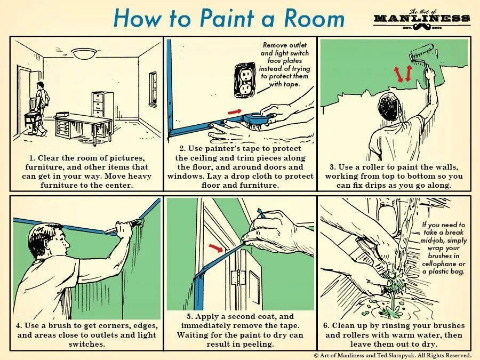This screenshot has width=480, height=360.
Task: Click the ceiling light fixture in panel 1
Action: tap(84, 53)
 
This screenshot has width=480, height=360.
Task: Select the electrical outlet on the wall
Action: tap(245, 80)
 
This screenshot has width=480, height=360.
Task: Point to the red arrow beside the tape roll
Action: tap(235, 111)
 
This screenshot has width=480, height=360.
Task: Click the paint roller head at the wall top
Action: tap(421, 52)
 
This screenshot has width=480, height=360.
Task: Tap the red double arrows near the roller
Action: tap(403, 74)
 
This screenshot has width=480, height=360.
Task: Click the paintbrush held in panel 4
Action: tap(124, 226)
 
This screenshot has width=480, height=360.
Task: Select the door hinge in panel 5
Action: tap(235, 277)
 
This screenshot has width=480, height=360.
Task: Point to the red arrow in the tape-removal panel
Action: tap(215, 247)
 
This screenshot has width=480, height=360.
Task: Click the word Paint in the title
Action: tap(227, 18)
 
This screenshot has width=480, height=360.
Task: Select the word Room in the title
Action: tap(314, 18)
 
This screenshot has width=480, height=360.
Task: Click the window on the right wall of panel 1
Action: tap(153, 89)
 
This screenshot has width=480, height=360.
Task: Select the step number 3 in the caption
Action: tap(332, 167)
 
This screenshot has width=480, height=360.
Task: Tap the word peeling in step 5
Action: tap(258, 345)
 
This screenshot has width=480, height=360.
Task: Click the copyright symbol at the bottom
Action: tap(316, 355)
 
